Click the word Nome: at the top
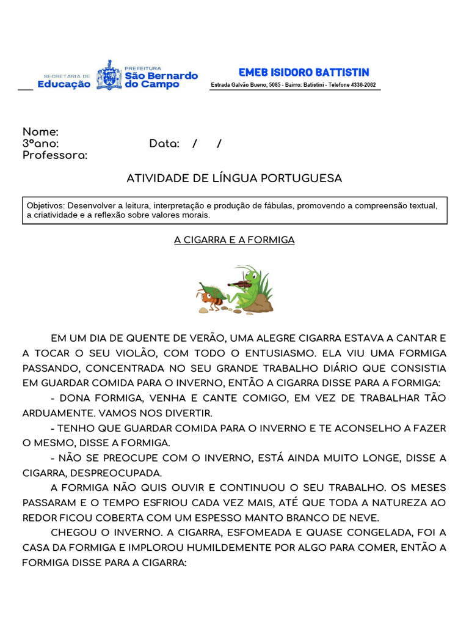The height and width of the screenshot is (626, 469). tap(40, 132)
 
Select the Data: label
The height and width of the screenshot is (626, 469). tap(164, 144)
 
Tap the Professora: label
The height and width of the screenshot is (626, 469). tap(55, 156)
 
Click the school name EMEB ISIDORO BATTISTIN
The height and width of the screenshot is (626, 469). tap(304, 73)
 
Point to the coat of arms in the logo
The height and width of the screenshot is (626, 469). tap(108, 75)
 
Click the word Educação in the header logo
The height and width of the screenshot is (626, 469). tap(64, 84)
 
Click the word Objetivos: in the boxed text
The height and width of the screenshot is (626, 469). tap(46, 206)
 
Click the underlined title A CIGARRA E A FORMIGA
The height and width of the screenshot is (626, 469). tap(234, 240)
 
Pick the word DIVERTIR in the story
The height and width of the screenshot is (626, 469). tap(186, 413)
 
